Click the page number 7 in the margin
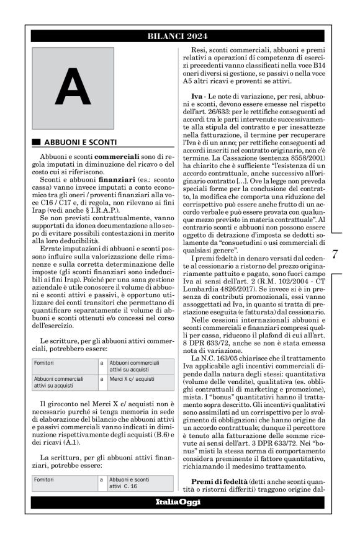coord(335,254)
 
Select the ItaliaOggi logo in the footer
coord(180,502)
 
